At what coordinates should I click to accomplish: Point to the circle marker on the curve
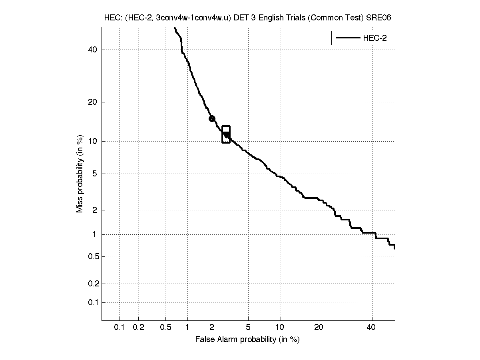[x=212, y=118]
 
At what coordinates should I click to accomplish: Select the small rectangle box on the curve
[x=226, y=134]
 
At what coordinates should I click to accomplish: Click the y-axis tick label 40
[x=93, y=50]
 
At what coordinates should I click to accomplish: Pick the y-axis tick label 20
[x=93, y=102]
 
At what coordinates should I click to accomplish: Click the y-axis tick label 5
[x=95, y=174]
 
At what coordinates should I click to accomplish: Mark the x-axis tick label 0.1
[x=120, y=328]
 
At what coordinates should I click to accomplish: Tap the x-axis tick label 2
[x=212, y=328]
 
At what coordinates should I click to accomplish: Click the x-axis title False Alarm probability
[x=247, y=340]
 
